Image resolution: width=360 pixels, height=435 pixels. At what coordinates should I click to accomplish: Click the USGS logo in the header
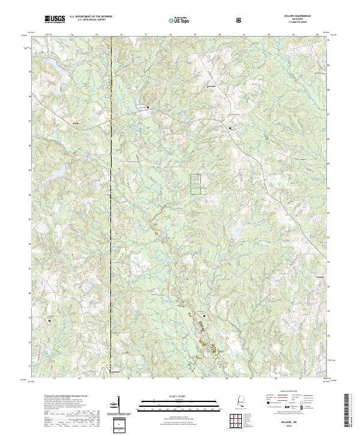click(55, 20)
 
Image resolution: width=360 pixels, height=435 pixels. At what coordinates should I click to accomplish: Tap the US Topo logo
click(179, 20)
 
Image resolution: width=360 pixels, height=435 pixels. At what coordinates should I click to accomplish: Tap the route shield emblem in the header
click(239, 20)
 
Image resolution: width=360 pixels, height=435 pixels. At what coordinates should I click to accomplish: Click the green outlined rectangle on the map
click(196, 184)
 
